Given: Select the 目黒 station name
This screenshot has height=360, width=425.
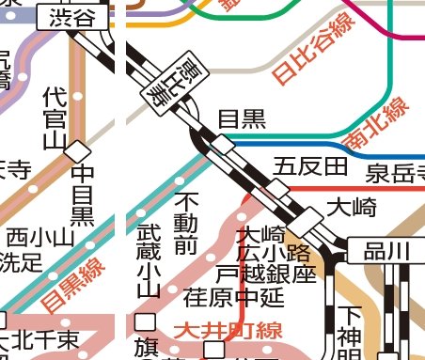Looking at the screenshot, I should [x=242, y=118].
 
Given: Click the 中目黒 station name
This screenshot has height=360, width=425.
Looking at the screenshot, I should [x=83, y=196].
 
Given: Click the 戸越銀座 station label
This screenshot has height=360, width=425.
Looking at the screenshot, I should [x=265, y=274].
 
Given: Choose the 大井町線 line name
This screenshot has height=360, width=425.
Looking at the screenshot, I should [x=228, y=331].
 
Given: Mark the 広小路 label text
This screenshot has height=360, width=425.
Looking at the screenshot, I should [x=274, y=253].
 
